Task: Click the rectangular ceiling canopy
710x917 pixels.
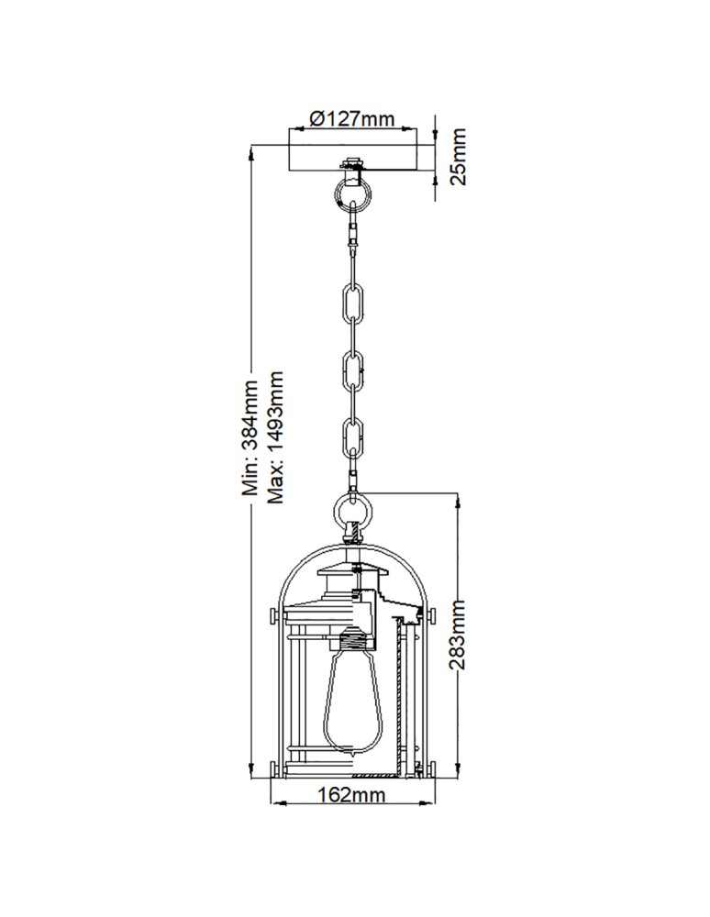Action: [x=354, y=156]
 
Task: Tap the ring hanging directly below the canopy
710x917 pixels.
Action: [x=353, y=193]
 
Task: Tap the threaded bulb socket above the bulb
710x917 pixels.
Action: [x=353, y=638]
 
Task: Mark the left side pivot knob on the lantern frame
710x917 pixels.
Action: [x=274, y=613]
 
